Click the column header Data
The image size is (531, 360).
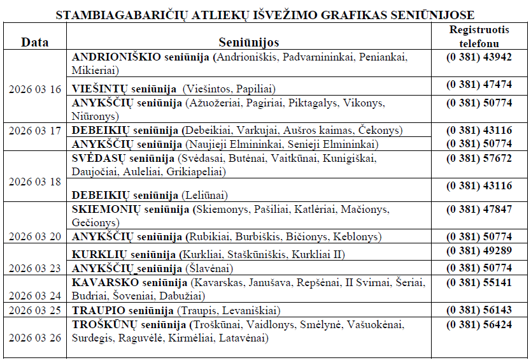[x=35, y=42]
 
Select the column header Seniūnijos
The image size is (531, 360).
[x=249, y=42]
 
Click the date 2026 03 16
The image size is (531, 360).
[x=35, y=89]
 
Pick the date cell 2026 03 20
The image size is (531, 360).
[x=35, y=236]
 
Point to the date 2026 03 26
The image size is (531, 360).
[x=35, y=337]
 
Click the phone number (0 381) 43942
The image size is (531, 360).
[x=479, y=57]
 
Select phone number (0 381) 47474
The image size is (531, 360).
[x=479, y=84]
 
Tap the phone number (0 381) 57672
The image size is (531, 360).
[x=479, y=158]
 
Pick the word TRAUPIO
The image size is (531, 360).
[x=96, y=310]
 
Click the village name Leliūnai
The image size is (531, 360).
[x=204, y=195]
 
